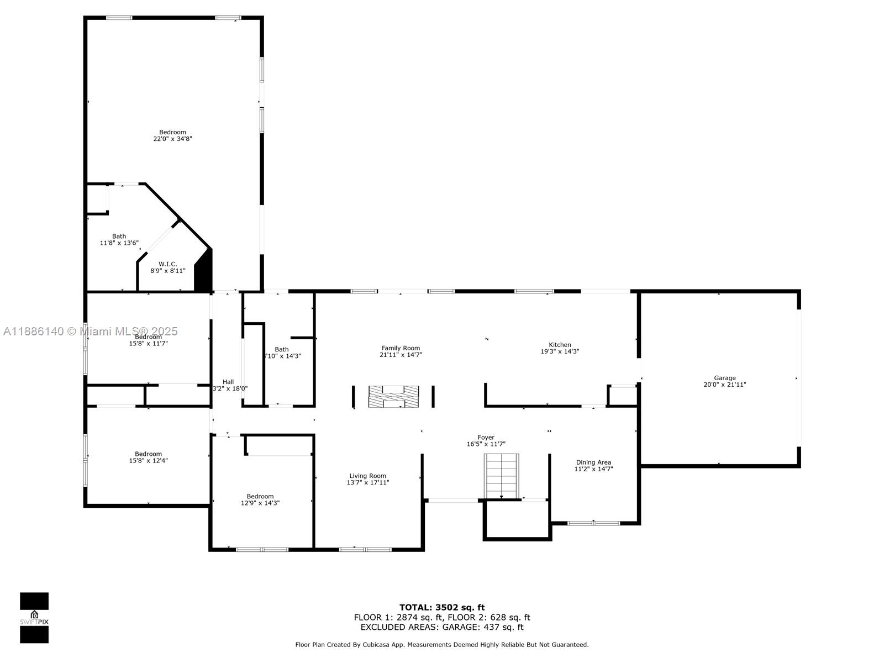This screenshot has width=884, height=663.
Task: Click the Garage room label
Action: (x=724, y=381)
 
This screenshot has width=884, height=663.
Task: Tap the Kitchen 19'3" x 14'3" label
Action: (x=560, y=348)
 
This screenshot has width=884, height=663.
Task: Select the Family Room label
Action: (x=401, y=351)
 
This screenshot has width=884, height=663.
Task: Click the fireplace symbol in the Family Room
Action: (x=393, y=397)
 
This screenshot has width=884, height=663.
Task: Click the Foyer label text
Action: (x=486, y=440)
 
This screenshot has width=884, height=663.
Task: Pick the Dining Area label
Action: (x=593, y=466)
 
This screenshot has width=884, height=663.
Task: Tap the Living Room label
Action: (x=367, y=479)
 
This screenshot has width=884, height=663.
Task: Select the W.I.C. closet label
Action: (x=168, y=267)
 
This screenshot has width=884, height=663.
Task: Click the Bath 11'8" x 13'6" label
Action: (x=119, y=239)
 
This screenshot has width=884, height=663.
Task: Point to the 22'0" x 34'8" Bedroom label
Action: (x=172, y=135)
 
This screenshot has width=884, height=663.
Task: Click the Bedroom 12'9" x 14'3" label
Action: (x=260, y=499)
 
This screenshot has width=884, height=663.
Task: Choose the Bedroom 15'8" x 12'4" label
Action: (x=148, y=457)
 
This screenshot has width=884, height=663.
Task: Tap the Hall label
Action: (x=229, y=385)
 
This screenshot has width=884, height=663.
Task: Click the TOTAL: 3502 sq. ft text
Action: (x=441, y=607)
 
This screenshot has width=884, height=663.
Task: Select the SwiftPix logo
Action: (x=34, y=618)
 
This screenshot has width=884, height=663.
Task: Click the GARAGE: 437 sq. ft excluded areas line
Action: (x=441, y=627)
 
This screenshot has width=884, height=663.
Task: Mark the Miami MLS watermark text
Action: (x=91, y=331)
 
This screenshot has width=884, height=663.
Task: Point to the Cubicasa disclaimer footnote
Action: (x=441, y=644)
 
